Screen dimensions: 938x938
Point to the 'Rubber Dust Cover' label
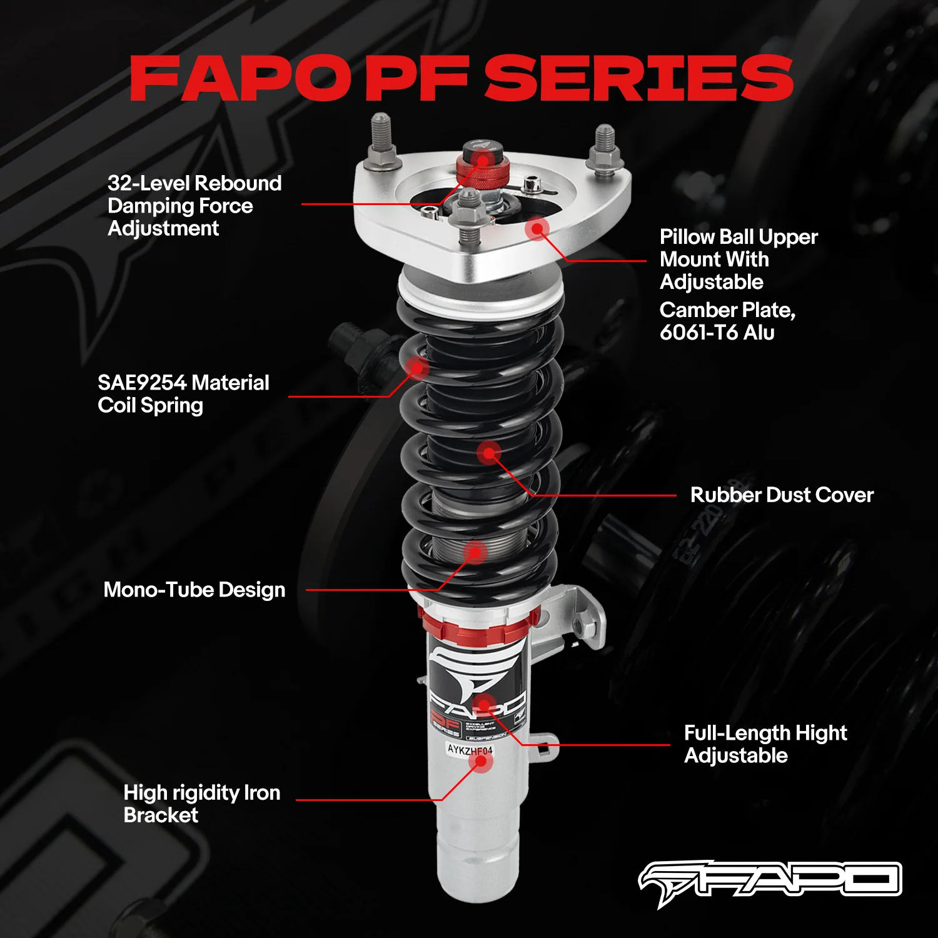click(x=781, y=495)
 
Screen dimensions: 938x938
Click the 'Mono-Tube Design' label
click(x=194, y=590)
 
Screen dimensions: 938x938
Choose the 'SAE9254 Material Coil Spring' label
click(x=183, y=394)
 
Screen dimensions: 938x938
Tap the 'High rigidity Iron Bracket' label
click(x=201, y=804)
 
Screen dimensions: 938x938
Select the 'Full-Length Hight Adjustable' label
click(x=765, y=744)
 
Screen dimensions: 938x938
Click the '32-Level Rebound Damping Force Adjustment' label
click(x=194, y=206)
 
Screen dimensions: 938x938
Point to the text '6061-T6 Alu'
click(x=717, y=332)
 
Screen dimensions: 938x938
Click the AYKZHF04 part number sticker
click(x=470, y=749)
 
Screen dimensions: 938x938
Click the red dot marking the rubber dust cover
click(x=489, y=453)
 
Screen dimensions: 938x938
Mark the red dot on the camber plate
click(x=537, y=229)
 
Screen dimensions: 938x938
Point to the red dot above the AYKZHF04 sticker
click(x=483, y=705)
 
